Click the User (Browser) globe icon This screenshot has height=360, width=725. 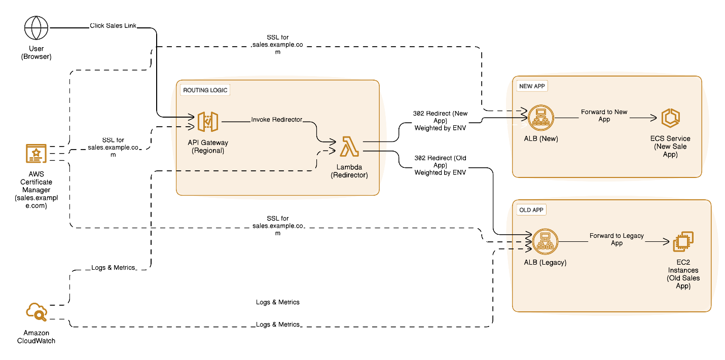(37, 28)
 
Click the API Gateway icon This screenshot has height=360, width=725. (208, 122)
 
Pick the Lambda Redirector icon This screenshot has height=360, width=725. (349, 147)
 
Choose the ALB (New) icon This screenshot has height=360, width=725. (540, 118)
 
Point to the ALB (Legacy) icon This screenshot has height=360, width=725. (545, 242)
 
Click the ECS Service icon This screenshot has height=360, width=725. (670, 118)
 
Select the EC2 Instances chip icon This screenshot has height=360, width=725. (683, 242)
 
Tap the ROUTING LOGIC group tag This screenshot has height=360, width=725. (205, 90)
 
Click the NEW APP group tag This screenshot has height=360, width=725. (532, 86)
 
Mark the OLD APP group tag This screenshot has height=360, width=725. (532, 210)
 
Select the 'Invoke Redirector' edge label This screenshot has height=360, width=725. (277, 120)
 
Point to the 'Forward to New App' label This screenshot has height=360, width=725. (604, 115)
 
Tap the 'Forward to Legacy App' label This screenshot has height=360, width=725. (617, 239)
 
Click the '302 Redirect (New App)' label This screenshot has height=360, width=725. (440, 120)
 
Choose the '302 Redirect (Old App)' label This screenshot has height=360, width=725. (440, 165)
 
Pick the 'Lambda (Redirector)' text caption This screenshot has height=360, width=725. (349, 171)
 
